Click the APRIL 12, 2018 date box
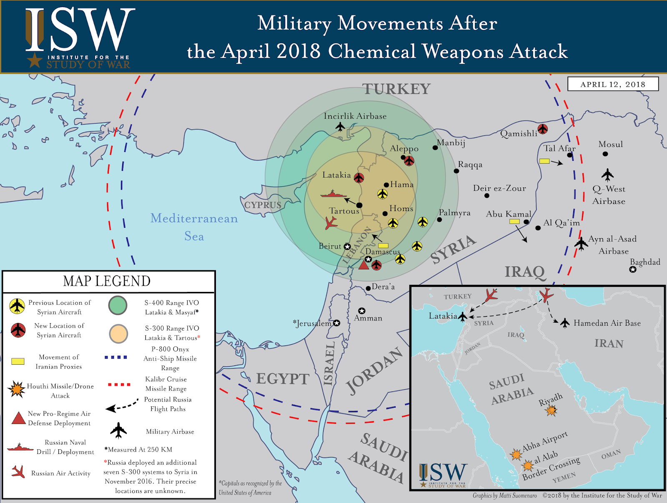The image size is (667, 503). coord(613,84)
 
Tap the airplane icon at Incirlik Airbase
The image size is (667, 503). coord(341,126)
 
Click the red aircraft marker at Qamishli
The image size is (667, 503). coord(542,129)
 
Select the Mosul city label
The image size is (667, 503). coord(610,144)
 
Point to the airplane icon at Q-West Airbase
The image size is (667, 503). coord(608,174)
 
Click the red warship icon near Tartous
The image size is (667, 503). coord(333,194)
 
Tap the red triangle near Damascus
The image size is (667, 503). coord(364,264)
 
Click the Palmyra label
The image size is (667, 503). coord(454,213)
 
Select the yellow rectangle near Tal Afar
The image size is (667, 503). coord(544,161)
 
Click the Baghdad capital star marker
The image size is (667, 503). coord(633,269)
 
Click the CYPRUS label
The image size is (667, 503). coord(263,205)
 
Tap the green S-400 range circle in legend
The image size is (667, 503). coord(118,306)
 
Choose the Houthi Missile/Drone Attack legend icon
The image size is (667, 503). coord(17,389)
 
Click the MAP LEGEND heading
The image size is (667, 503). coord(107,281)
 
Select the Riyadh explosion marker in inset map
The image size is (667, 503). coord(552,411)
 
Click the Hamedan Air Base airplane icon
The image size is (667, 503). coord(565,323)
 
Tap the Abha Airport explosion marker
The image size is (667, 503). coord(516,454)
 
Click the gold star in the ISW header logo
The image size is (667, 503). coord(35,60)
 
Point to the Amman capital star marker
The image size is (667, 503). coord(362,311)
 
